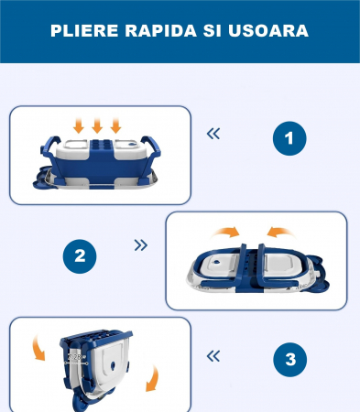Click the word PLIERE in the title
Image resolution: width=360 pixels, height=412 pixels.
point(81,30)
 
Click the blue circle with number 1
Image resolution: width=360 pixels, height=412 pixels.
point(289,138)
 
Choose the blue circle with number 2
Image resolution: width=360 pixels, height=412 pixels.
point(79,256)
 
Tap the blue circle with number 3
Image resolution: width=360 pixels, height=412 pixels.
point(289,360)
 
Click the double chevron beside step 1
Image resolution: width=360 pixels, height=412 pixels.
point(213,134)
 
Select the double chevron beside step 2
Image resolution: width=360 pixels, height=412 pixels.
point(140,245)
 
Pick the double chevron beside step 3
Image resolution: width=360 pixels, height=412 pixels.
point(213,355)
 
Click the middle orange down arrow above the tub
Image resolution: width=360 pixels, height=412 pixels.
point(97,125)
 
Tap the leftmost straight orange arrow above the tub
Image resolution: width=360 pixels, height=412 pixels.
point(79,125)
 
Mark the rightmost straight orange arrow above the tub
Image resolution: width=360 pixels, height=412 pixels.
point(115,125)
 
